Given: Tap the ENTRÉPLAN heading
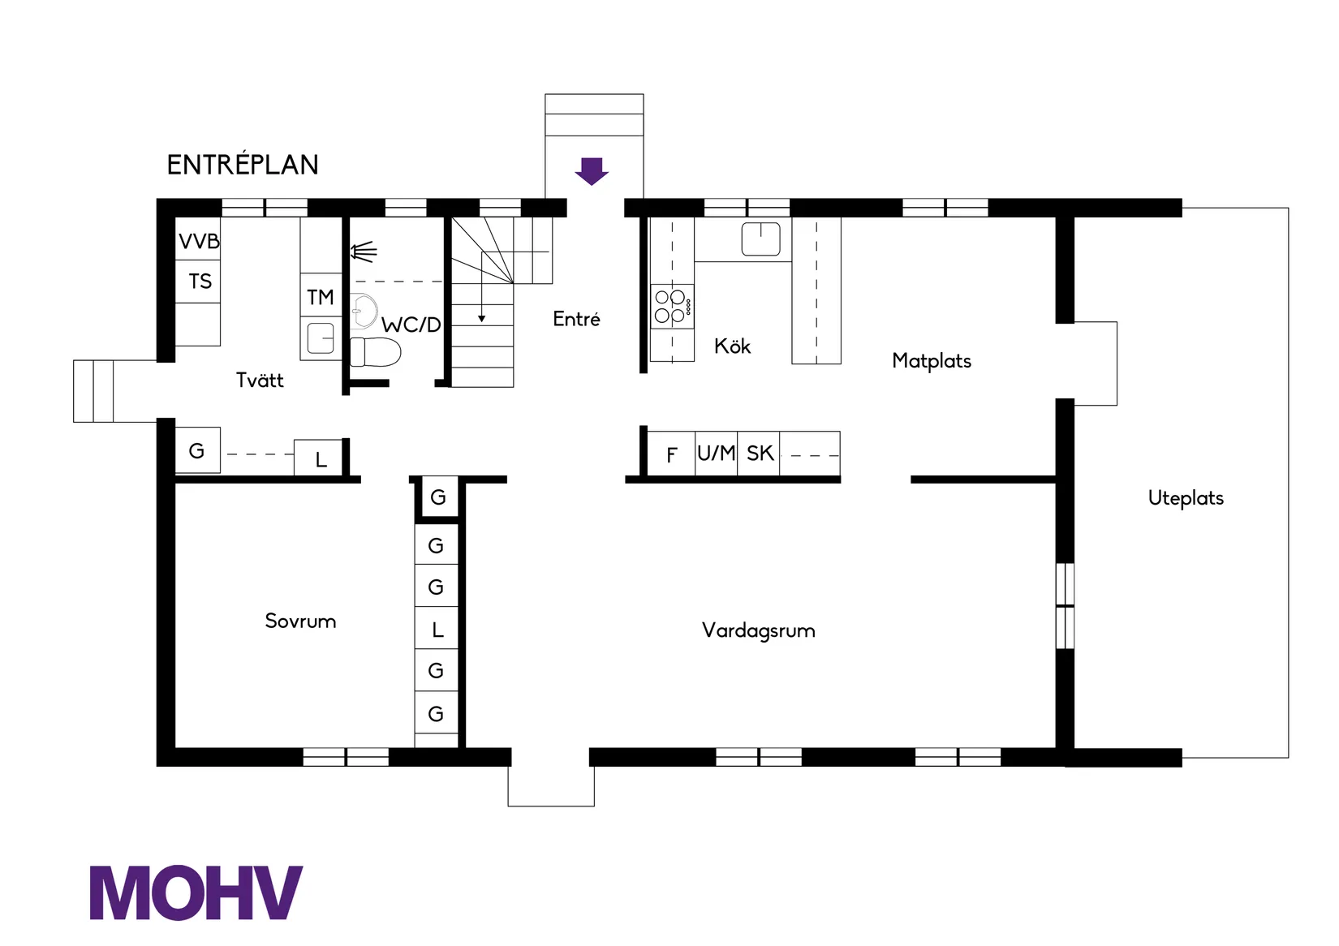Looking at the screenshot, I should coord(243,165).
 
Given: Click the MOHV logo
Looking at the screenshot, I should coord(196,892).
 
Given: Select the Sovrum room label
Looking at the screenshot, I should coord(300,621).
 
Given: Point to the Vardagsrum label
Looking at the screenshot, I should coord(758,630).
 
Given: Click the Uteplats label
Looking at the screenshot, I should coord(1186,498).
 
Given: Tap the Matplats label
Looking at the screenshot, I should coord(932,361).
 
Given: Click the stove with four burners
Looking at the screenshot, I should coord(672,306).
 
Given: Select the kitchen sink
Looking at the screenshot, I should coord(760,239).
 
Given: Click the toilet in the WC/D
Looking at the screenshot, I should coord(377,352).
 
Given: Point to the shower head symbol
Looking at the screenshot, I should coord(364,252).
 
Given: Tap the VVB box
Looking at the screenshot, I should coord(198,241).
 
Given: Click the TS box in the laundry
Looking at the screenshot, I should coord(199,282).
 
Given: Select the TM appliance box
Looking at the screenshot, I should coord(321,297).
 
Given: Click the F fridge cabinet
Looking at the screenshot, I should coord(671,454).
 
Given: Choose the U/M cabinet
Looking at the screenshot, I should coord(717,454).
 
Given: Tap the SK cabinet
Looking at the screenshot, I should coord(760,454).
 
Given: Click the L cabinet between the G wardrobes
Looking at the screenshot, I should coord(437,629).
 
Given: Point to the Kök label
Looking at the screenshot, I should coord(732,346).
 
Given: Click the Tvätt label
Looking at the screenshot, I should coord(260,381).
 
